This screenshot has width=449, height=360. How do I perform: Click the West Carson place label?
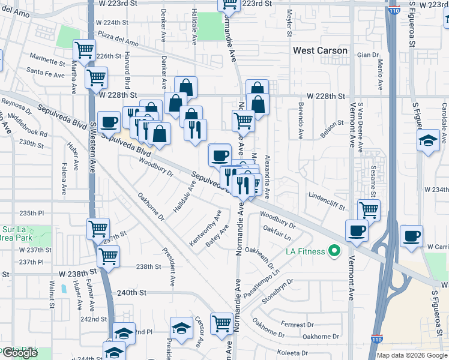320,50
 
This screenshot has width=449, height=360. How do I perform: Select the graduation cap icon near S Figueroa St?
427,141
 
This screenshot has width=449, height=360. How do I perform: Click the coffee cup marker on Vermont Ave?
357,231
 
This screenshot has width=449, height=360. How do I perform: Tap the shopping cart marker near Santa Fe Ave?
96,77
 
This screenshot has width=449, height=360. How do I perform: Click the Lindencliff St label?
327,200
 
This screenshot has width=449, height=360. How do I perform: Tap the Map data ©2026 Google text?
411,355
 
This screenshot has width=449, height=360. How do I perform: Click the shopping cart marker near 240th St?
222,323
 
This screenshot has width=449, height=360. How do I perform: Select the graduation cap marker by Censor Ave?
181,328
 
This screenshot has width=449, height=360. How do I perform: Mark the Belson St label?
331,130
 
